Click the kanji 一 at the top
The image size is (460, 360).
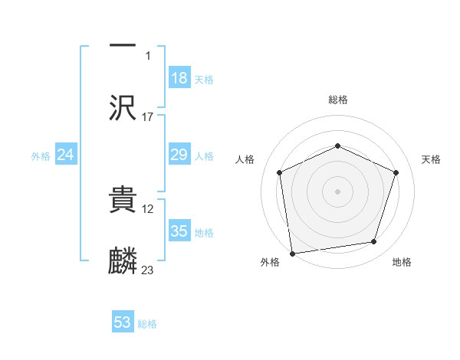[x=122, y=45]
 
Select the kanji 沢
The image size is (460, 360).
[x=122, y=107]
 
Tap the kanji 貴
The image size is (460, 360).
[x=122, y=198]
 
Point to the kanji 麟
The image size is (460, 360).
[x=122, y=260]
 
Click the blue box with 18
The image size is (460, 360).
[x=179, y=78]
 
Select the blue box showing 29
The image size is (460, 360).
[x=179, y=155]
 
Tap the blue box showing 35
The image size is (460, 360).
[x=179, y=231]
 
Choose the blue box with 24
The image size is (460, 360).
[x=65, y=155]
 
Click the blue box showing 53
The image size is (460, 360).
[x=123, y=322]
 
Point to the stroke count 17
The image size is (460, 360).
[x=148, y=116]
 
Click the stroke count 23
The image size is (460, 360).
[x=148, y=270]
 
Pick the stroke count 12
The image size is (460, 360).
[x=148, y=208]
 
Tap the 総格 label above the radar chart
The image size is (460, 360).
[x=338, y=100]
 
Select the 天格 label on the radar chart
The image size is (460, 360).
[x=431, y=159]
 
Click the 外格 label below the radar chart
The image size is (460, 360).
[x=270, y=262]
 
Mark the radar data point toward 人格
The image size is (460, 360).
[x=280, y=172]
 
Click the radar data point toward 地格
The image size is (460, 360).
[x=374, y=242]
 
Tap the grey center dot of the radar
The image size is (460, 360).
[x=338, y=191]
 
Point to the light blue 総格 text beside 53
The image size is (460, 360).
[x=147, y=324]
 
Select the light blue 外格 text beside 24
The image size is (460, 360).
[x=41, y=156]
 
